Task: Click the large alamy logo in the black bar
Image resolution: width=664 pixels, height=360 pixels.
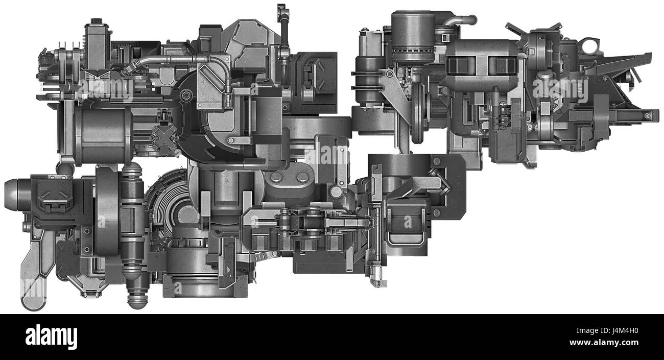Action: pyautogui.click(x=51, y=337)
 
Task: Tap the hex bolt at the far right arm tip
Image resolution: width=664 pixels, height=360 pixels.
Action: pyautogui.click(x=648, y=116)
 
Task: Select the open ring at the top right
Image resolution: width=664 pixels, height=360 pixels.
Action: pyautogui.click(x=592, y=46)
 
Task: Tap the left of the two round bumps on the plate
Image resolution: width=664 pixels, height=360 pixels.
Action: pyautogui.click(x=277, y=177)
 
